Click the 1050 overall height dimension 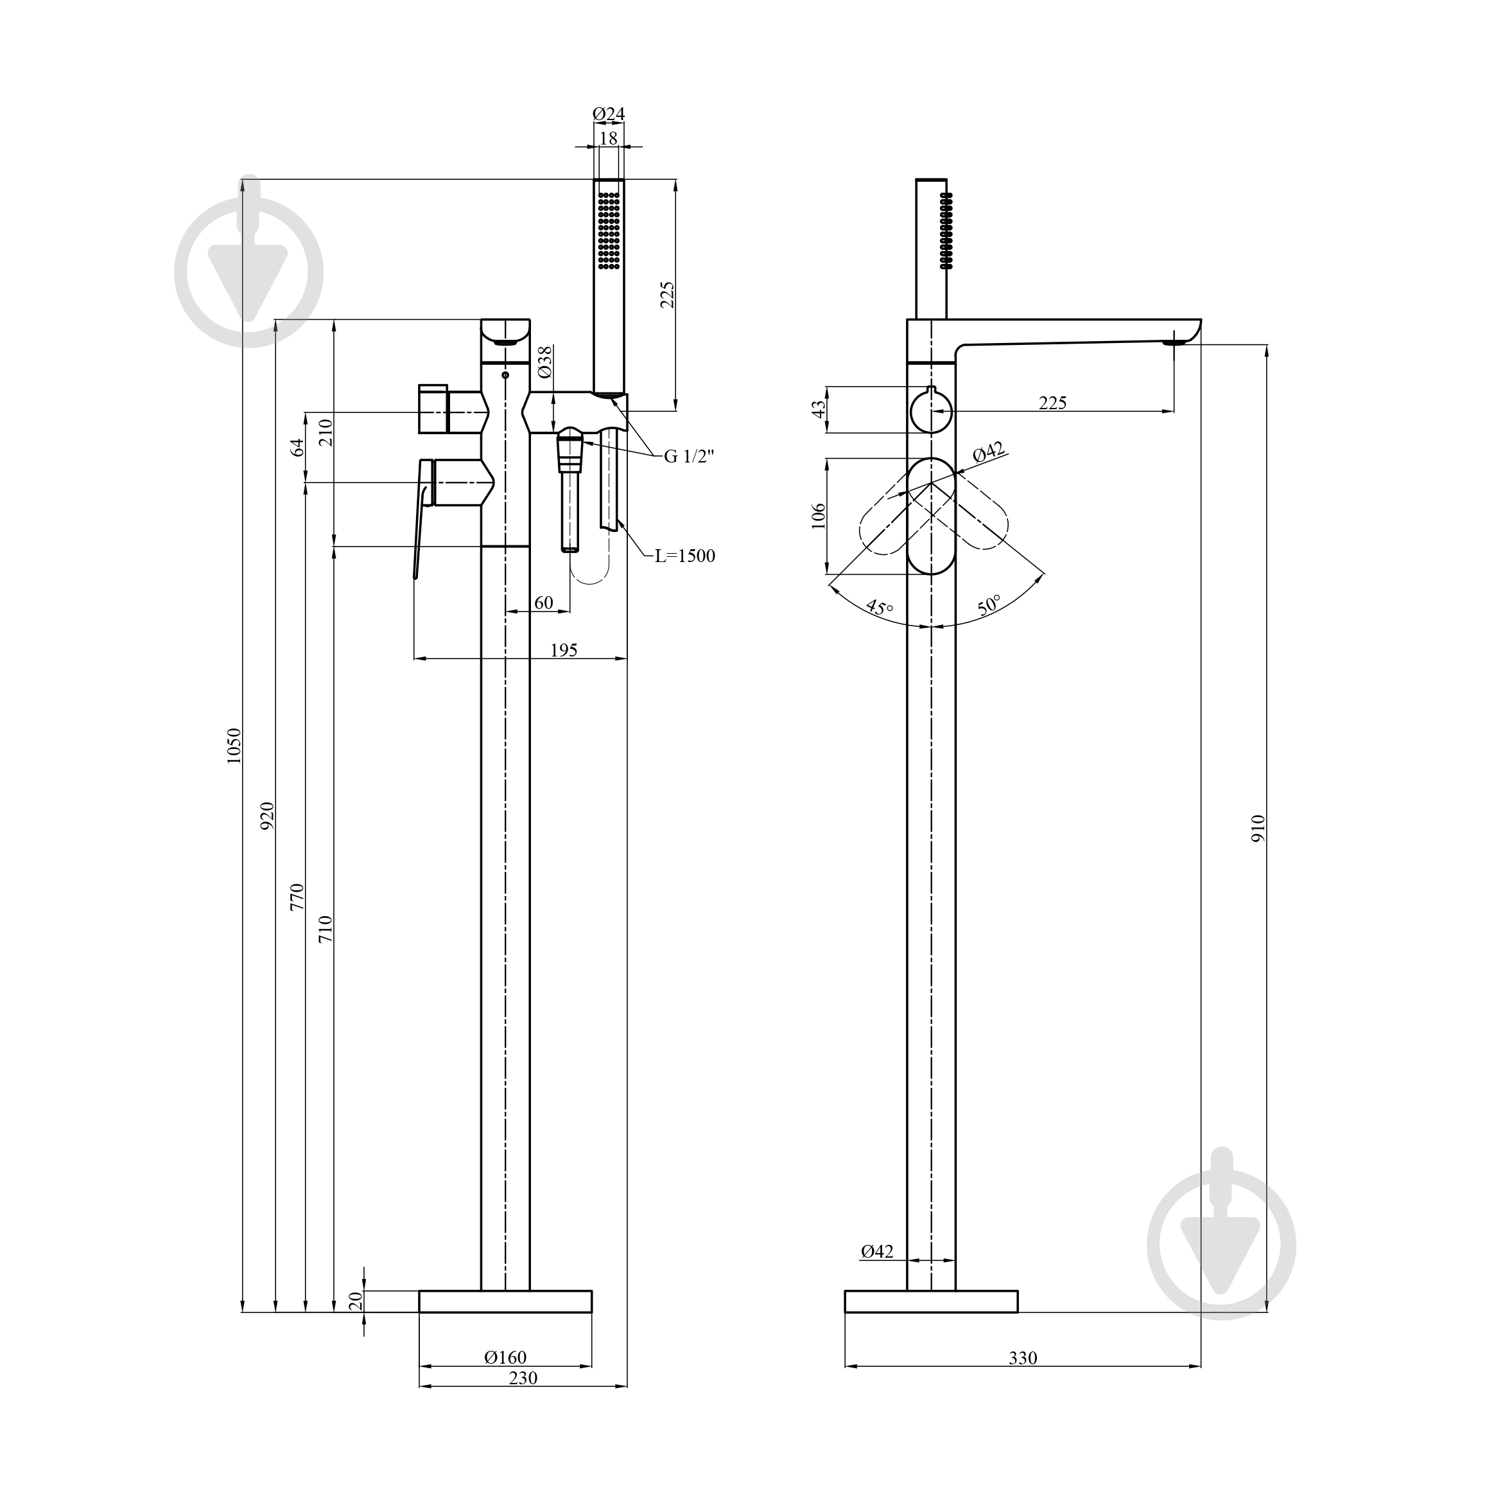click(234, 745)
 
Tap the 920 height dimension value click(267, 816)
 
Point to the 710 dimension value click(326, 928)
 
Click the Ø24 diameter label click(609, 114)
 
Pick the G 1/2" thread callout click(689, 456)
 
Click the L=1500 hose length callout click(685, 556)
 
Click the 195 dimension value click(564, 650)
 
